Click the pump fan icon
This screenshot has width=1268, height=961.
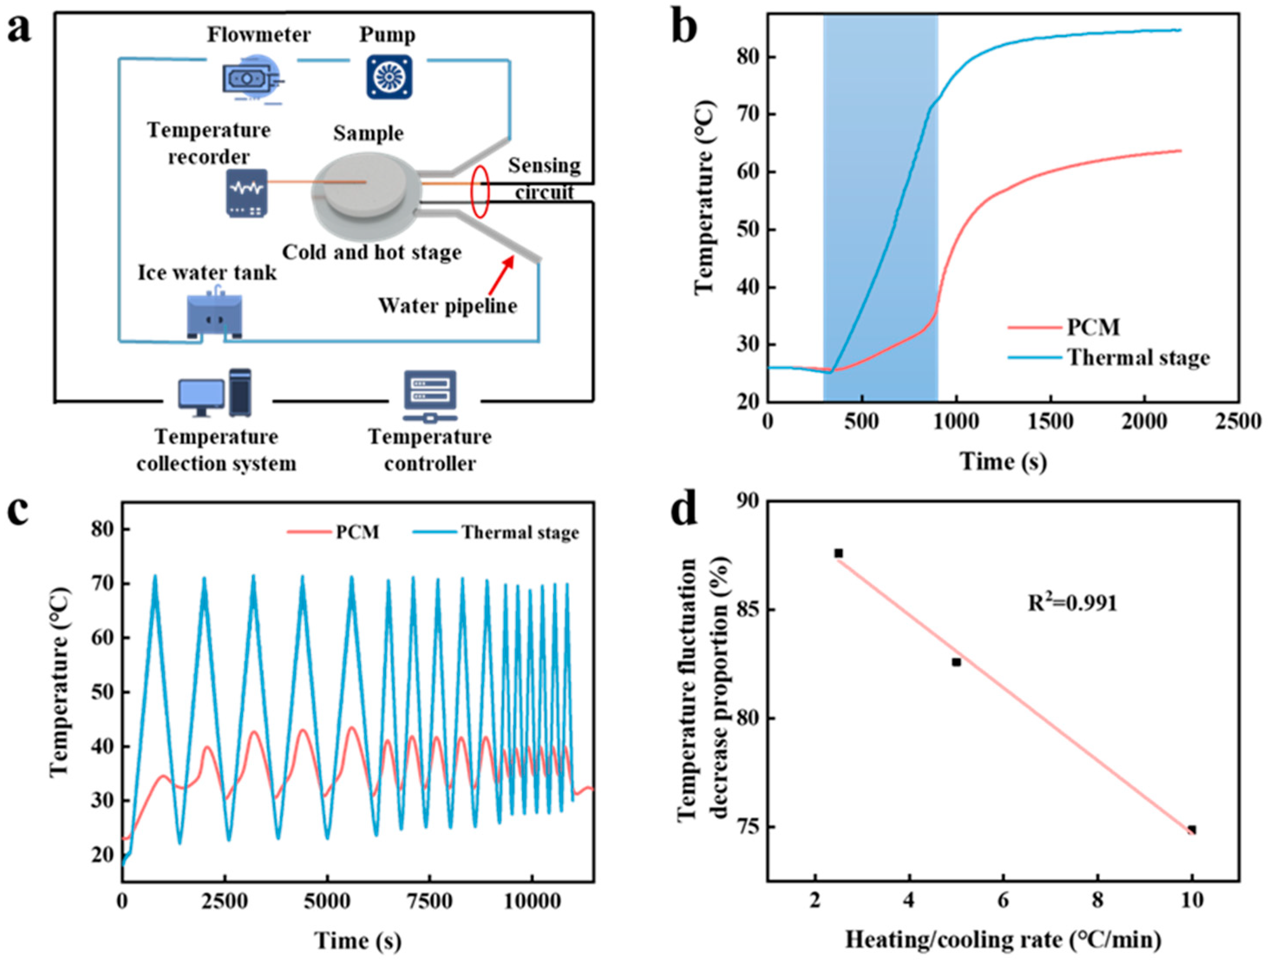tap(389, 77)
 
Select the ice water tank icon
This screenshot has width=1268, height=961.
tap(214, 315)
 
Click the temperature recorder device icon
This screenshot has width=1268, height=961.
tap(246, 193)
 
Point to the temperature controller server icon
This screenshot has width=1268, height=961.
tap(430, 396)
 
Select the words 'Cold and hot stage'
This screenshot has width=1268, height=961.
tap(372, 253)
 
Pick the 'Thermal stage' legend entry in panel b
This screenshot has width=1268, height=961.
tap(1138, 358)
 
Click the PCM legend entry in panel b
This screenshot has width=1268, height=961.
tap(1093, 328)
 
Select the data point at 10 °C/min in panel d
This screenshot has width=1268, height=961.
tap(1192, 830)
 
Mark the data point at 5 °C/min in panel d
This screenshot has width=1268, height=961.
tap(956, 662)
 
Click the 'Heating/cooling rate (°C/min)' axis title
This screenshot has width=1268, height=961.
tap(1003, 940)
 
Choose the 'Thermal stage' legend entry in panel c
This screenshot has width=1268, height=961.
tap(520, 533)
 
